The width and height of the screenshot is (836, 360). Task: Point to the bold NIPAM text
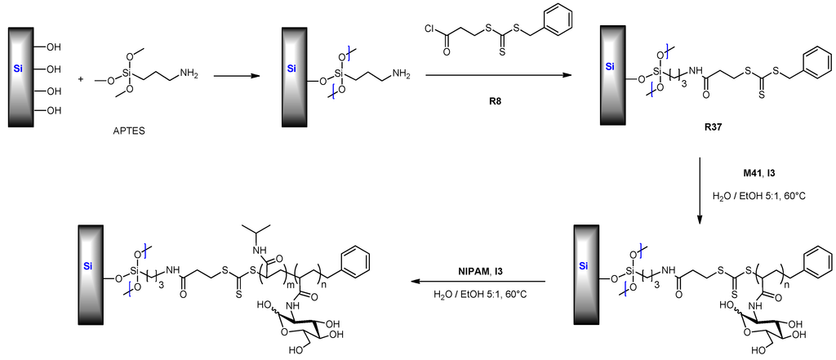pos(473,270)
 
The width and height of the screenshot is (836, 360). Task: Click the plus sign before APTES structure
pos(81,80)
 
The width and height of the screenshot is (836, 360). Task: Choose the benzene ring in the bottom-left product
pos(355,262)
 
